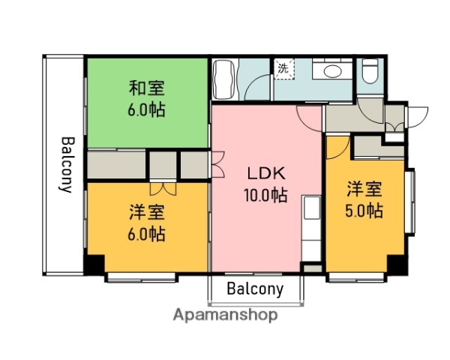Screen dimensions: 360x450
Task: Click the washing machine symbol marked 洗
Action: tap(283, 69)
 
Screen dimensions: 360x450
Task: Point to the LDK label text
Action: tap(266, 173)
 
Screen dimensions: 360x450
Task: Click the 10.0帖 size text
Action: tap(266, 195)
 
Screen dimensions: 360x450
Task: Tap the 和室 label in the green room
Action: tap(145, 88)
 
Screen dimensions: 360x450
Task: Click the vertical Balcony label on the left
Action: tap(66, 165)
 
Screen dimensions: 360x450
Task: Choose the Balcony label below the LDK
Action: tap(255, 289)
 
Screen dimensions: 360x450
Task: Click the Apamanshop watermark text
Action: tap(225, 315)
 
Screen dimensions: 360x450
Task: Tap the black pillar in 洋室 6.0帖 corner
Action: tap(94, 265)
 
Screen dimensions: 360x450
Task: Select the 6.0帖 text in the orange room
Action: tap(145, 233)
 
